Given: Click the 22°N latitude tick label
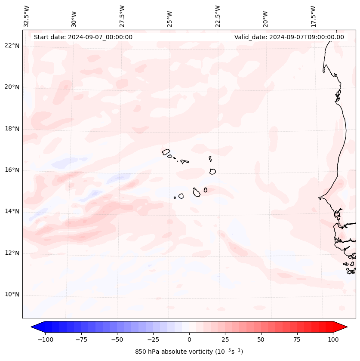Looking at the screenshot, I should click(12, 46).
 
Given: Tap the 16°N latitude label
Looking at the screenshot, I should click(12, 170).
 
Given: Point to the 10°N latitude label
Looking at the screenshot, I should click(12, 294).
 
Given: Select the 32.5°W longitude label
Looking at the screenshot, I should click(27, 16).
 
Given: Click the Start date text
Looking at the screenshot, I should click(83, 37).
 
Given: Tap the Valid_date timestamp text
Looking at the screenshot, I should click(289, 37).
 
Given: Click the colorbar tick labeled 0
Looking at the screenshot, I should click(189, 339).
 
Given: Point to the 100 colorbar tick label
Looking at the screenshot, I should click(332, 339).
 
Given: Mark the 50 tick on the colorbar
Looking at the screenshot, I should click(261, 339).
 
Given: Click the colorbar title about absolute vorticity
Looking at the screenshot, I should click(189, 352).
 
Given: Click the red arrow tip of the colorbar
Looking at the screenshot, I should click(345, 327).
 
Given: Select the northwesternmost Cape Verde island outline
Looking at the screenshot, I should click(166, 151).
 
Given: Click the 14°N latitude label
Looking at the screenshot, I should click(12, 211).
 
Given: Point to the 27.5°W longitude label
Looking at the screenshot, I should click(122, 16).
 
